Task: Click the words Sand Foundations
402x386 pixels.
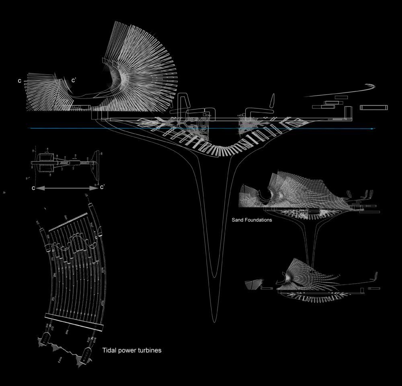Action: pyautogui.click(x=252, y=220)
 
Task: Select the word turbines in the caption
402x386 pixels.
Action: pyautogui.click(x=149, y=350)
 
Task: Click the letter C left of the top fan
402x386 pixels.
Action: pyautogui.click(x=19, y=81)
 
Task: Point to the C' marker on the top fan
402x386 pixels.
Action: pyautogui.click(x=74, y=80)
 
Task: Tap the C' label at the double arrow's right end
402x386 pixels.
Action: pyautogui.click(x=103, y=187)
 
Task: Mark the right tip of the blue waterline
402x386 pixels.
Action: pyautogui.click(x=374, y=129)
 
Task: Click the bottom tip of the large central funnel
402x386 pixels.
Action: pyautogui.click(x=215, y=321)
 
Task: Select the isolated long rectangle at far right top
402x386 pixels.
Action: pyautogui.click(x=374, y=107)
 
